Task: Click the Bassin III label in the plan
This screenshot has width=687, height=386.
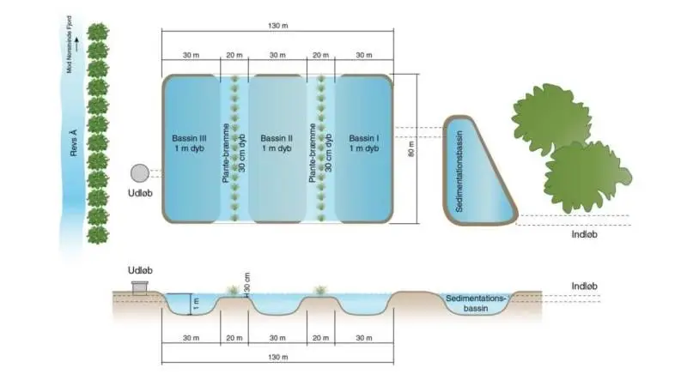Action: pos(189,138)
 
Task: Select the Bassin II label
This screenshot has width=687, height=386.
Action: pos(277,138)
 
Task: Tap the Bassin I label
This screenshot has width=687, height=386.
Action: pos(364,138)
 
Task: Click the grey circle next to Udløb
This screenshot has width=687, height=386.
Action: pos(140,173)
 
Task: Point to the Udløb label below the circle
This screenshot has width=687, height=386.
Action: pos(140,193)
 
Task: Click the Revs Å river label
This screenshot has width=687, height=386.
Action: pos(74,142)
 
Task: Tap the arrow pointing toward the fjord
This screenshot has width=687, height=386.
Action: pos(76,45)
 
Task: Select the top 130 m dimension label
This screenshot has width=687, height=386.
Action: pos(277,26)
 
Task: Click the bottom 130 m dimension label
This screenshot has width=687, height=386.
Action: pos(277,357)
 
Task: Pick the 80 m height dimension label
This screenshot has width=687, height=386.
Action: pos(411,149)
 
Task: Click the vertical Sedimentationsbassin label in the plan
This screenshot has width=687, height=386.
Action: pos(459,171)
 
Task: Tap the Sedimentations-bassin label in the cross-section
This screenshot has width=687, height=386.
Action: pos(476,304)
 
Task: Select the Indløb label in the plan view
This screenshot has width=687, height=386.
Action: pos(585,234)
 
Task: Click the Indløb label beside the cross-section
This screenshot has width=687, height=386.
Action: pos(585,286)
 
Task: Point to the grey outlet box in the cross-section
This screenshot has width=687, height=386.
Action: pos(140,288)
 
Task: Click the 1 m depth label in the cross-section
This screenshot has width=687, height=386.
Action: pos(196,304)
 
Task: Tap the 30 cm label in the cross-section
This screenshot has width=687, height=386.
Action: pos(247,283)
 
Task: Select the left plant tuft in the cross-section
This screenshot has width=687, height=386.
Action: pos(233,291)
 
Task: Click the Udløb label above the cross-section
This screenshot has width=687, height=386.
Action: pos(140,270)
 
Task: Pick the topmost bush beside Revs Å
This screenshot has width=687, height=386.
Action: pos(98,33)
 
